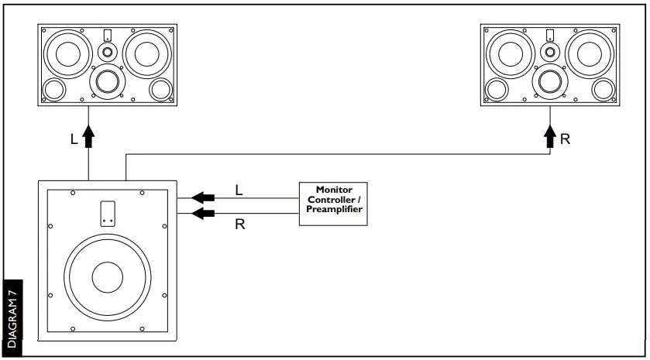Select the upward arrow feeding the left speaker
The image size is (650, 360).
tap(89, 136)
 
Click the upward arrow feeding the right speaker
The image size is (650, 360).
tap(551, 136)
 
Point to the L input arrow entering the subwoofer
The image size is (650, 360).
tap(203, 197)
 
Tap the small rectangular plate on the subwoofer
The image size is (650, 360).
tap(108, 213)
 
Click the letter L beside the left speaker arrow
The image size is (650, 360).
tap(74, 140)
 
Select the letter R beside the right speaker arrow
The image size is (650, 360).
tap(566, 140)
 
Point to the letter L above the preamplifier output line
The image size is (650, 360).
tap(239, 188)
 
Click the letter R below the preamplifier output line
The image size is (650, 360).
tap(239, 225)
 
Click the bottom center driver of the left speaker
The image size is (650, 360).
tap(107, 81)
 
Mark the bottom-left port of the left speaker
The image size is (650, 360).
tap(54, 90)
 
